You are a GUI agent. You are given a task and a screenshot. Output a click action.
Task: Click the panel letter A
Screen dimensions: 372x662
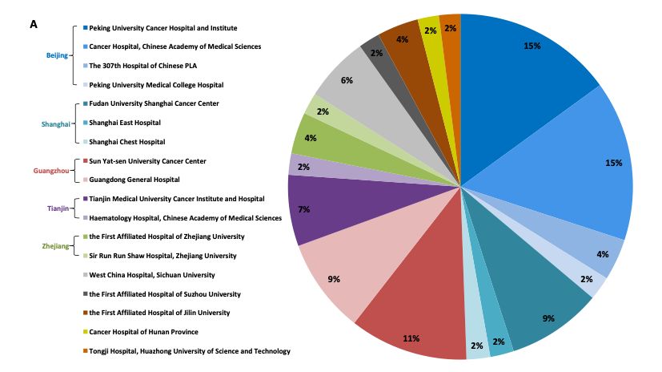click(34, 25)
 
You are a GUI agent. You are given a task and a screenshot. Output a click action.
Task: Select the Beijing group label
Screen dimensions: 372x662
click(56, 55)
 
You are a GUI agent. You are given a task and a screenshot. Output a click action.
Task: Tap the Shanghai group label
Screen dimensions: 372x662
click(54, 123)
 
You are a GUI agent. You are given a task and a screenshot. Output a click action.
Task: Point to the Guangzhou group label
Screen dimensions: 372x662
click(52, 170)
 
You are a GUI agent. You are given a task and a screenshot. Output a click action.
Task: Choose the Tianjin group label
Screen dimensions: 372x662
click(58, 208)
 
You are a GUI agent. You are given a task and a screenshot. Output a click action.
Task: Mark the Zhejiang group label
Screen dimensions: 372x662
click(55, 246)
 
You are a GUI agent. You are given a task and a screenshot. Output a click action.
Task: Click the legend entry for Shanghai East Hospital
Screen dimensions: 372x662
click(124, 123)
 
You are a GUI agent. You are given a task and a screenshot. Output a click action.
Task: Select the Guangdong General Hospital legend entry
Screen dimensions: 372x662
click(134, 180)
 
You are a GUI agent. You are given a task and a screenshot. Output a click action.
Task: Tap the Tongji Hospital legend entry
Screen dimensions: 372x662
click(189, 351)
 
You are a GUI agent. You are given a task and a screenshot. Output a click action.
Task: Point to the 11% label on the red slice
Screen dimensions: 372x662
click(411, 338)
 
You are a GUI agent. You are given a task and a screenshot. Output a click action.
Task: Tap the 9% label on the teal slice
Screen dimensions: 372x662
click(548, 318)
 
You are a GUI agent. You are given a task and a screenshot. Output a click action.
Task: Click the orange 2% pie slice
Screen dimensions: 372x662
click(451, 30)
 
